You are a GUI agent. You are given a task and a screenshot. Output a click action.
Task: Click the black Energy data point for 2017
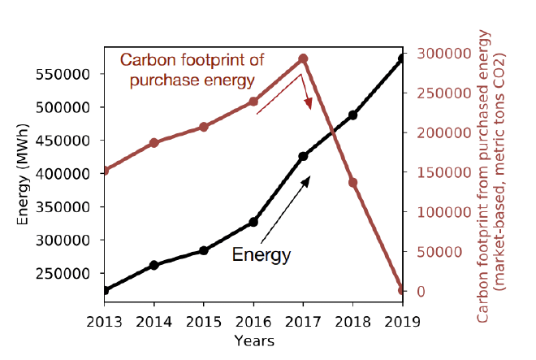[303, 156]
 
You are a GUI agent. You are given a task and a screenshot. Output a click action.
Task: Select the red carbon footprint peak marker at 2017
[303, 59]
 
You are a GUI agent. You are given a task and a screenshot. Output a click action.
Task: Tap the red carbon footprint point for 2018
[352, 183]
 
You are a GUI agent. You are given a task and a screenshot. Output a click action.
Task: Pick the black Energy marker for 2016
[253, 222]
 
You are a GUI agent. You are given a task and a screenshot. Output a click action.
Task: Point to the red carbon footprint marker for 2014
[154, 143]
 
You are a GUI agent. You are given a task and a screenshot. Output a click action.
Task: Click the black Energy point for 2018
[352, 115]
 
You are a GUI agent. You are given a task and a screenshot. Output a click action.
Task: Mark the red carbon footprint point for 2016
[253, 102]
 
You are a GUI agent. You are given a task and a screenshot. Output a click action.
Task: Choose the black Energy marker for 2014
[154, 265]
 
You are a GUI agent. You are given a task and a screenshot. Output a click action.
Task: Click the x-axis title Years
[253, 340]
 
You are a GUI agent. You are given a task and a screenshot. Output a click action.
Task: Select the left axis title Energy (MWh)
[24, 174]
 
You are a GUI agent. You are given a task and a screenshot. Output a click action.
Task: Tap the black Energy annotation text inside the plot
[261, 254]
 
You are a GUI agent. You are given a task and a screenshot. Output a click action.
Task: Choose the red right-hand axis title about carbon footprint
[492, 175]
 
